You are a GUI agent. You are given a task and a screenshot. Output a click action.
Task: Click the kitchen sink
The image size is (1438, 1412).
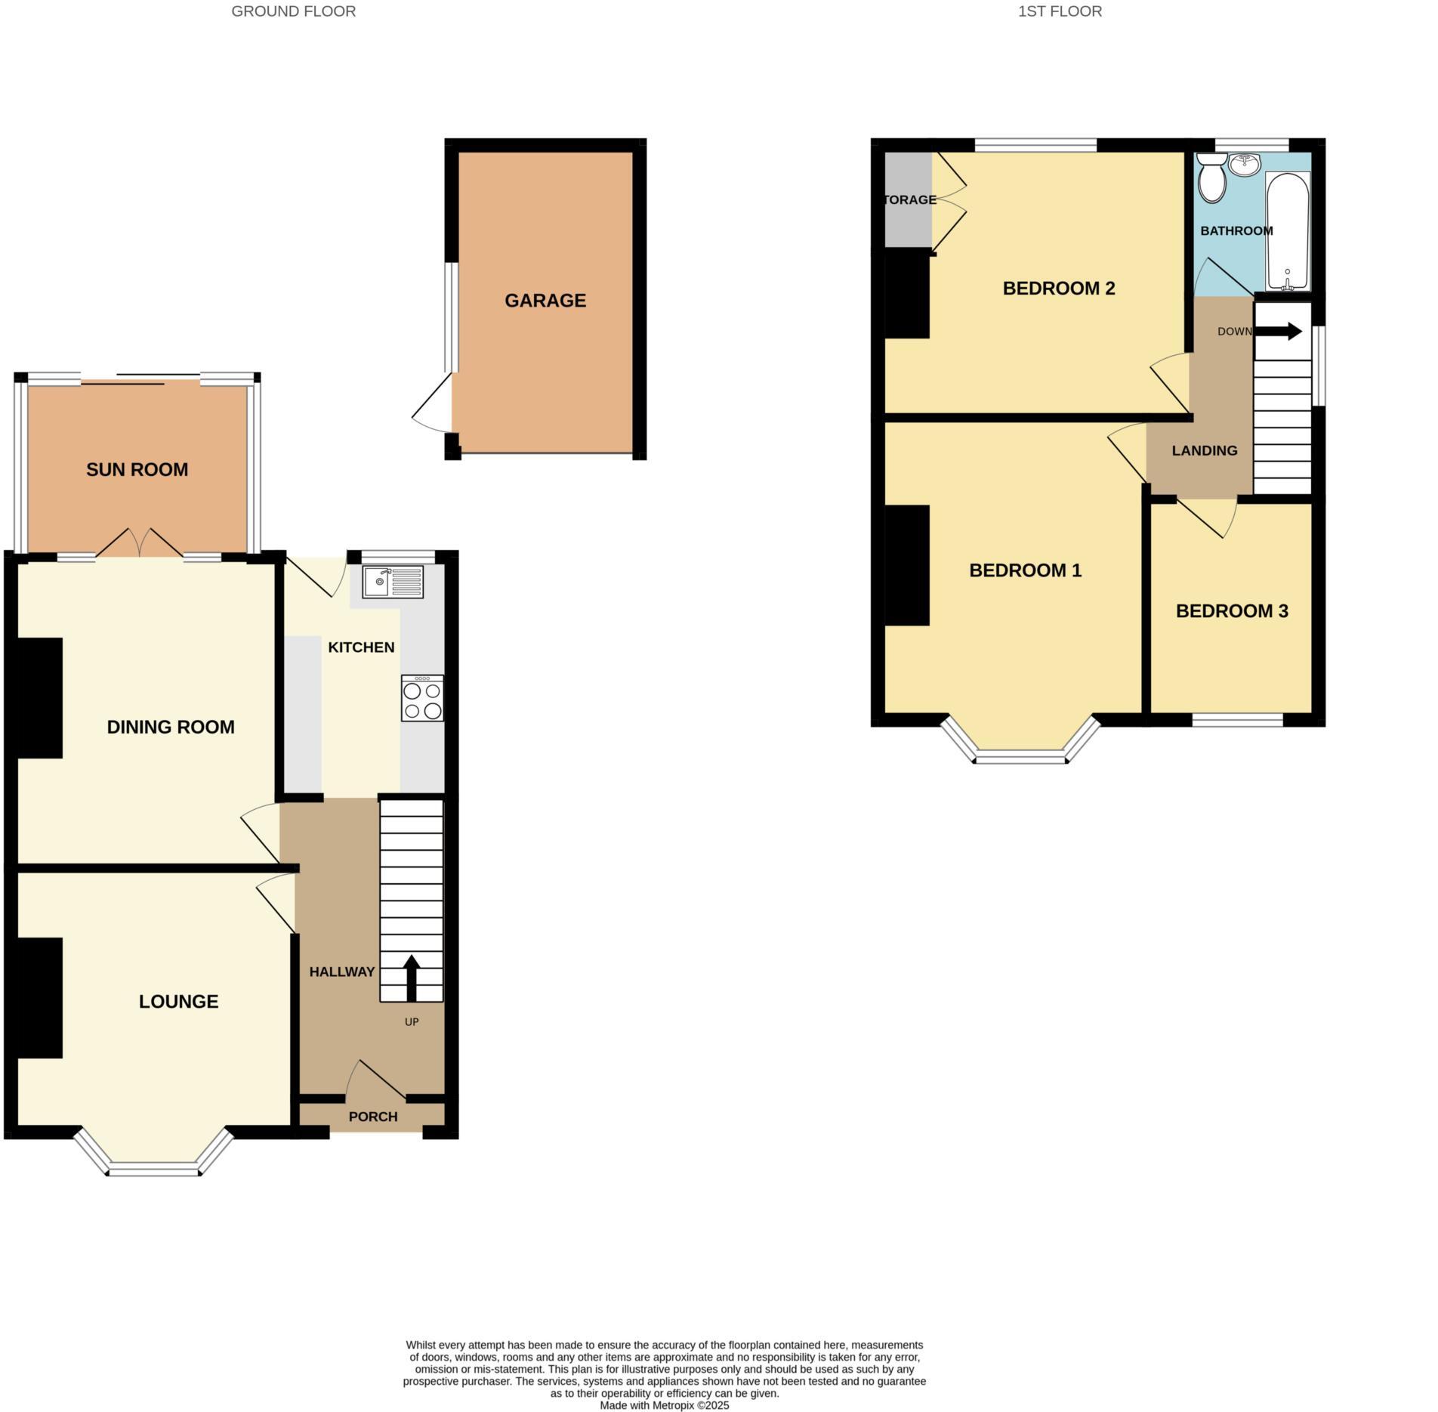[x=393, y=582]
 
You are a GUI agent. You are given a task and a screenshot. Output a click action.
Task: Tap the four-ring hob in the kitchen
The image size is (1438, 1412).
[x=422, y=699]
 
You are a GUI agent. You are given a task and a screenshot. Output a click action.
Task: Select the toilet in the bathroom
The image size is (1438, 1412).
[x=1213, y=179]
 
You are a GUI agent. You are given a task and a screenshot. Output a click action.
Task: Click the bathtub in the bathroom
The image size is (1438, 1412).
[x=1288, y=230]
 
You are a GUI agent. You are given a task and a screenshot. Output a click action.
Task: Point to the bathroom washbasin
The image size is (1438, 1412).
[x=1244, y=164]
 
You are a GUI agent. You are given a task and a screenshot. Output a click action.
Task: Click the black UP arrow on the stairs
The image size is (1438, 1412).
[x=412, y=978]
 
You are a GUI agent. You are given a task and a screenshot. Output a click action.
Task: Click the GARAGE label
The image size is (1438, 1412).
[x=545, y=301]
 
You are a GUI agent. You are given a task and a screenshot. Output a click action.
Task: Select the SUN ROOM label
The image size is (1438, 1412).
[x=137, y=470]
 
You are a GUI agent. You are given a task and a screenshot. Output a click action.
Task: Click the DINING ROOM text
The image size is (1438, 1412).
[x=171, y=727]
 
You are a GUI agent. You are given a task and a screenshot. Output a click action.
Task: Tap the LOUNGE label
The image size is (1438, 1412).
[x=178, y=1001]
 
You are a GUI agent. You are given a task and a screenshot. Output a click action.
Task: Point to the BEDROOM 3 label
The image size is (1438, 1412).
[x=1232, y=610]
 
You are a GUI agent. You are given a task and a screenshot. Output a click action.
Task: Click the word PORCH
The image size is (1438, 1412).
[x=373, y=1117]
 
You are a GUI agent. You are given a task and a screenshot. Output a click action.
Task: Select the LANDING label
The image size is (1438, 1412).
[x=1205, y=451]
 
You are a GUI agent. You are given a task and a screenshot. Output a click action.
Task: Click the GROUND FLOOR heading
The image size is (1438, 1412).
[x=293, y=11]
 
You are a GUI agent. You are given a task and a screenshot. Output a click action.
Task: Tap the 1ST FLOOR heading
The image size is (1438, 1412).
[x=1060, y=11]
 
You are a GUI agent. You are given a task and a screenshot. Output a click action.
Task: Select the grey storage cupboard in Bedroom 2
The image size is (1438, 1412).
[x=908, y=200]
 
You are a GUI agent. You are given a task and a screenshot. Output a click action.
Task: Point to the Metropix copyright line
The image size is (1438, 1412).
[x=664, y=1406]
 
